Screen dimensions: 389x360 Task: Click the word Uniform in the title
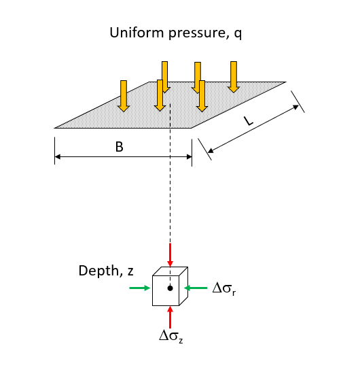point(132,33)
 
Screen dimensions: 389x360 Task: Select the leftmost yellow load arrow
point(123,95)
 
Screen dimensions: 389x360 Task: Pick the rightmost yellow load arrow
point(234,76)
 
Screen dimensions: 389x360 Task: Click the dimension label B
point(119,146)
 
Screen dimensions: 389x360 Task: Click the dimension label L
point(249,121)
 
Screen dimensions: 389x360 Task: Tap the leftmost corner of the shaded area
point(56,127)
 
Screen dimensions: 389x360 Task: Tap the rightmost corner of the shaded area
point(285,82)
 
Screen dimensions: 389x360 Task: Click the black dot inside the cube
point(170,288)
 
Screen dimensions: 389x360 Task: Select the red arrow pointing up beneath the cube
point(170,317)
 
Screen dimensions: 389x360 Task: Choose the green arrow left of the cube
point(139,288)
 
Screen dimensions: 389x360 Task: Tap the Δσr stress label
point(225,288)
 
